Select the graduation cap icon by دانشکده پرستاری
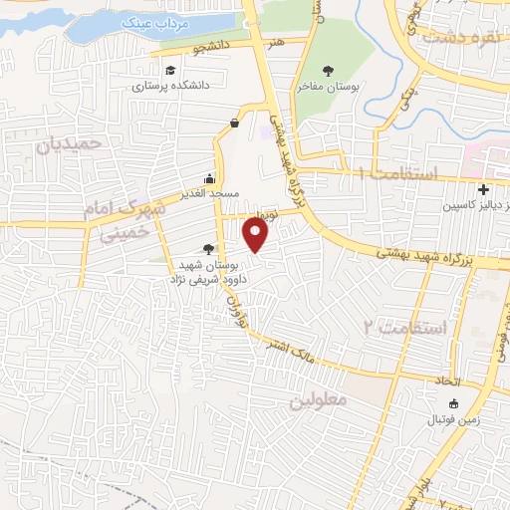[x=172, y=70]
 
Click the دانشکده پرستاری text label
[x=170, y=86]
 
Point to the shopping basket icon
[x=234, y=123]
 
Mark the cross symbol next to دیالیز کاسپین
[x=483, y=189]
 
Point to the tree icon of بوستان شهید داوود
[x=208, y=249]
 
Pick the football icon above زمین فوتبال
[x=454, y=403]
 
